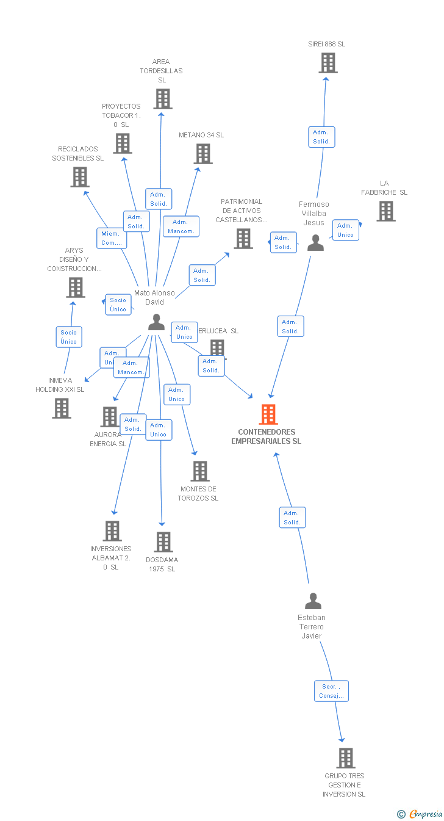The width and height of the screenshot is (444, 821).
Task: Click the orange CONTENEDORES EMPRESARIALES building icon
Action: click(x=268, y=414)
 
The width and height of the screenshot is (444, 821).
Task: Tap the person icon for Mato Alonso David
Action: click(x=157, y=322)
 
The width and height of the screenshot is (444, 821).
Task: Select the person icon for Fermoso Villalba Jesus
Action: click(x=315, y=243)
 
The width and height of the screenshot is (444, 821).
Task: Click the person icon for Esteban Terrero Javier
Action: click(x=313, y=601)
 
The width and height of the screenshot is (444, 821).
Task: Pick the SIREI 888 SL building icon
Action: click(x=328, y=63)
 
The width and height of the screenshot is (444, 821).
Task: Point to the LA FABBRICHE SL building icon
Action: click(x=385, y=211)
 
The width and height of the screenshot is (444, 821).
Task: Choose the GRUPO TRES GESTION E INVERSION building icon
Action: click(x=346, y=758)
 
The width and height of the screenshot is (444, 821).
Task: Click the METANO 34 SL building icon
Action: click(x=203, y=154)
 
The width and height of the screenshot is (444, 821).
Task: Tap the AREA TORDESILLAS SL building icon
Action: click(x=162, y=99)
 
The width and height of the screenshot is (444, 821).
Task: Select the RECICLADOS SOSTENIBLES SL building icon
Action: click(x=80, y=177)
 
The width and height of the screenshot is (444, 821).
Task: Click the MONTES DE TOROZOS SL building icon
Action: click(x=200, y=471)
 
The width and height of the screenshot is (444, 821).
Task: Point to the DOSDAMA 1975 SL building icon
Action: click(x=163, y=542)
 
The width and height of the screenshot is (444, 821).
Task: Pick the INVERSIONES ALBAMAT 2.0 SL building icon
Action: click(x=112, y=531)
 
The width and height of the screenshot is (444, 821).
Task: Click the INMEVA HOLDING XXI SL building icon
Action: click(x=62, y=408)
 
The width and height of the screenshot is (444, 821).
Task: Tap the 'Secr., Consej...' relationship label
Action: click(x=332, y=691)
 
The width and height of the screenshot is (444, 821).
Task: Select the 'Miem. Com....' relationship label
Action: click(x=112, y=238)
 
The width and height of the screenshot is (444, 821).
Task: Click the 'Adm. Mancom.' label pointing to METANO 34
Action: click(x=181, y=226)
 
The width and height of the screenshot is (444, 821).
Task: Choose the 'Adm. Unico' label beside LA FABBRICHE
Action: click(x=345, y=230)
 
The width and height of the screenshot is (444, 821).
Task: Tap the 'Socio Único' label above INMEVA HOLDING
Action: click(x=69, y=337)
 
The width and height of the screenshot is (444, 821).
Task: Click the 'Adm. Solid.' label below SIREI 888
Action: click(x=321, y=137)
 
